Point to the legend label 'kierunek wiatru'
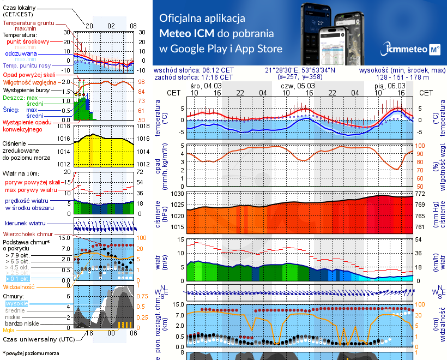25,224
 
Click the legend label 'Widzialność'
19,286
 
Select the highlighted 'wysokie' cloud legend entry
16,303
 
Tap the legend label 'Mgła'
9,330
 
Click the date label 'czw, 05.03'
298,86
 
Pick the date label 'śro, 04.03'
206,86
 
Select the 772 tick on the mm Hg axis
420,194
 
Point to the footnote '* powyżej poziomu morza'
31,353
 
